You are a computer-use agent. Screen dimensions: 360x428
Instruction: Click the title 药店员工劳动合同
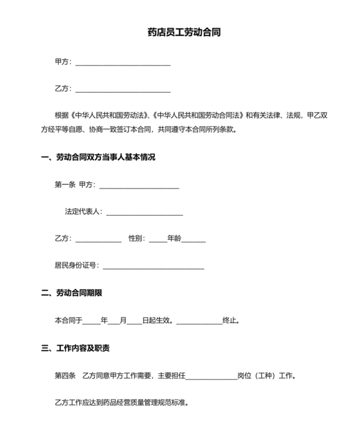[180, 32]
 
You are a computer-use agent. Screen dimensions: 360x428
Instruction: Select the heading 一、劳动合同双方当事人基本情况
[98, 157]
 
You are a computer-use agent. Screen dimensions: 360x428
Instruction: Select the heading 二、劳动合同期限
[71, 293]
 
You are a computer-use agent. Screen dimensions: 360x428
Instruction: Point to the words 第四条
[66, 376]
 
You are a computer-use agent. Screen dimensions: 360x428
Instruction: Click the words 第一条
[66, 185]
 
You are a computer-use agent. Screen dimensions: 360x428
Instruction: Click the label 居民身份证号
[76, 265]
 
